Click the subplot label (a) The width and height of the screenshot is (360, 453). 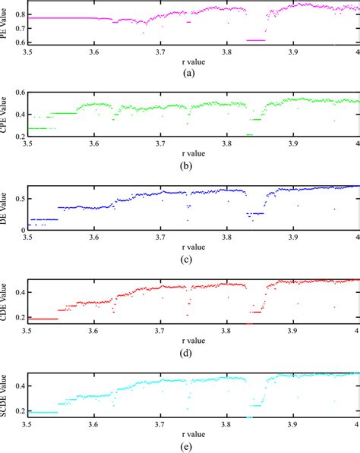click(193, 73)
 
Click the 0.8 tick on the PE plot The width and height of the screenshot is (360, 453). click(18, 14)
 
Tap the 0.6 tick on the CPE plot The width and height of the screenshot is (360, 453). click(18, 93)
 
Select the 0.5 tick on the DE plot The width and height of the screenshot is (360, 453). click(18, 200)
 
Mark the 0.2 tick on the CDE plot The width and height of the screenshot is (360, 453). click(18, 317)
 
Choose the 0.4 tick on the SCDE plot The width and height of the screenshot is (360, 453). click(18, 386)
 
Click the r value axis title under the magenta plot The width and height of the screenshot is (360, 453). click(193, 61)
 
